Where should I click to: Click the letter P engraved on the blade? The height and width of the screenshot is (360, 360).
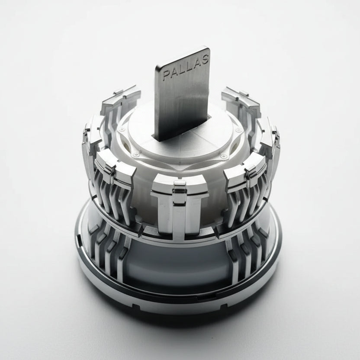click(x=166, y=76)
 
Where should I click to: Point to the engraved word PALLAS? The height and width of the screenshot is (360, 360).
click(x=185, y=67)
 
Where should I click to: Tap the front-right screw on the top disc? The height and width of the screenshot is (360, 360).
click(x=223, y=156)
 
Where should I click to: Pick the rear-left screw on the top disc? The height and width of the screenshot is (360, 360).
click(x=123, y=129)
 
